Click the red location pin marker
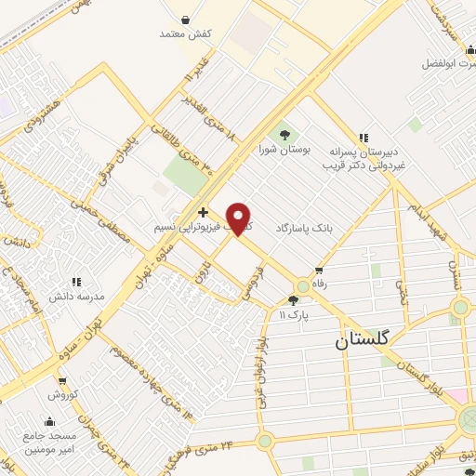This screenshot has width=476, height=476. [x=240, y=218]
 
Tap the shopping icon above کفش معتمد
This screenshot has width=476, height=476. [x=186, y=20]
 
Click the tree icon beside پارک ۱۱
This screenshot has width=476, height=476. [x=294, y=300]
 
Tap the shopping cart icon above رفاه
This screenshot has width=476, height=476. [x=320, y=271]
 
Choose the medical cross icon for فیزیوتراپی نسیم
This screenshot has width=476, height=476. [x=203, y=213]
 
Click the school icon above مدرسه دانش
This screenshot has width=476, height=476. [x=78, y=280]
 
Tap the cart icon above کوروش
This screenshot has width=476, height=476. [x=62, y=380]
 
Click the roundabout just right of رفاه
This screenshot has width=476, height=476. [x=303, y=286]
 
